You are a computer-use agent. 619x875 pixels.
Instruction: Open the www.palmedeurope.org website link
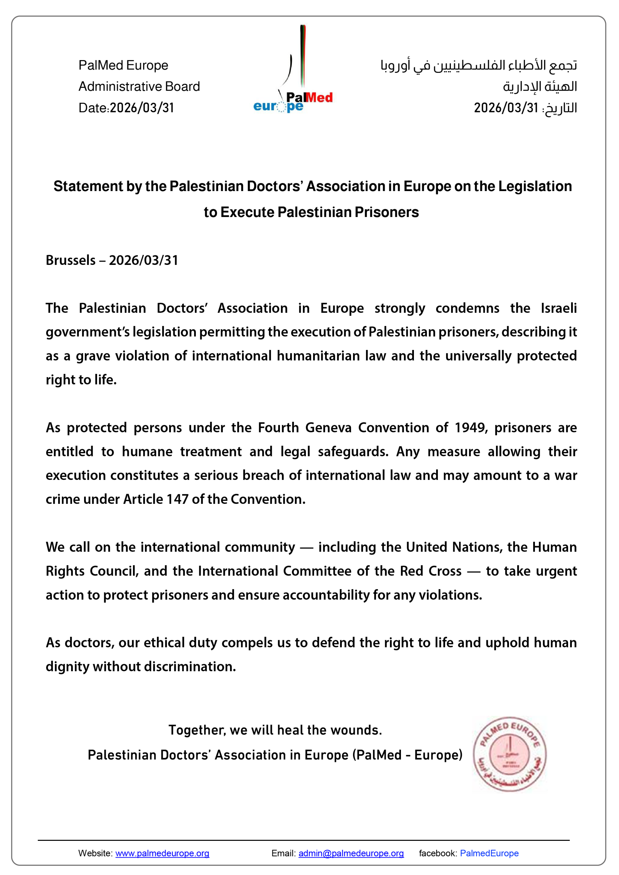coord(162,853)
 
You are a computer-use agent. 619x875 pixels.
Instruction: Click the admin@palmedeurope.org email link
coord(351,853)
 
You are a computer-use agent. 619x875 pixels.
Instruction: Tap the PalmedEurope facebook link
coord(489,853)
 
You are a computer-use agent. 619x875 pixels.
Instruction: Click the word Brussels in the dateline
coord(70,260)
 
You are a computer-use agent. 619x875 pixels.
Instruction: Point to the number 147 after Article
coord(177,499)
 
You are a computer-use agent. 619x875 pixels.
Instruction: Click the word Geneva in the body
coord(328,428)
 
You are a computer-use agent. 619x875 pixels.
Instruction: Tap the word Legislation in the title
coord(535,186)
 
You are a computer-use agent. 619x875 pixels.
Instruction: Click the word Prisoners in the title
coord(387,212)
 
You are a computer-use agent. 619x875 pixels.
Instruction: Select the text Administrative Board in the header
coord(139,86)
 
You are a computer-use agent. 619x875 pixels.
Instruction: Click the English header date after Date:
coord(142,108)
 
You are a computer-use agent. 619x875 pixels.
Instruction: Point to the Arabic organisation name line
coord(479,65)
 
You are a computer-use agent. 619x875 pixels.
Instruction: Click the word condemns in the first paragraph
coord(467,308)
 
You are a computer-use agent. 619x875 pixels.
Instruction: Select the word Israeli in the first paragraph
coord(559,308)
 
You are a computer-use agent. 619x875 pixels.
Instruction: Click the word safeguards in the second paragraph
coord(353,452)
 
